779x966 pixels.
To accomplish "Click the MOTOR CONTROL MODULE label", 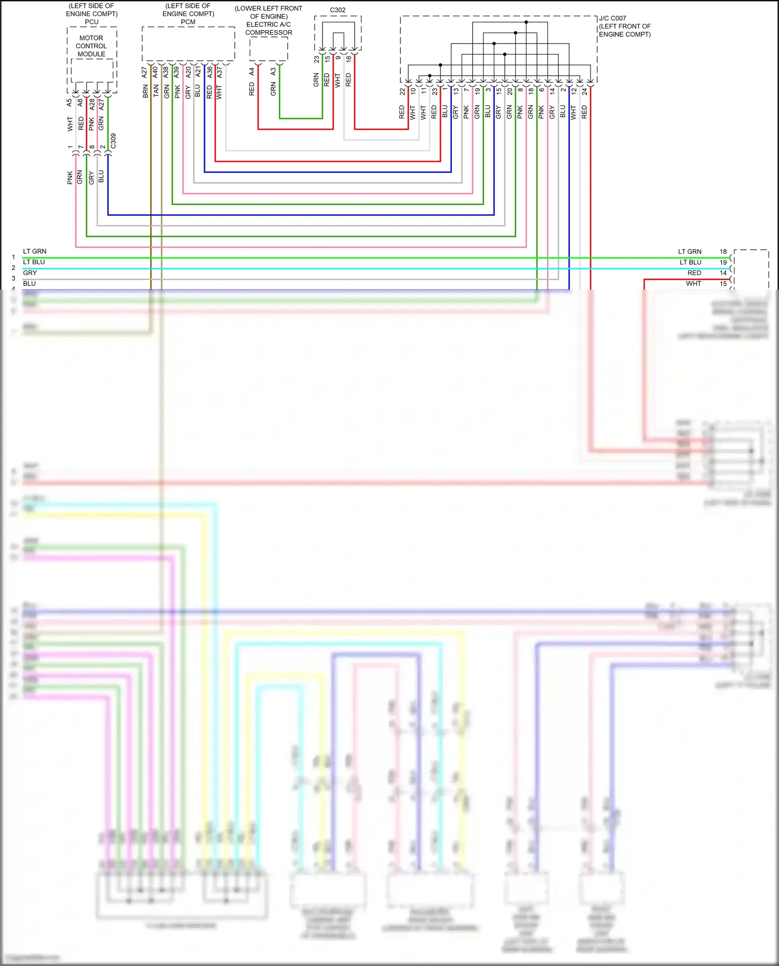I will [x=91, y=46].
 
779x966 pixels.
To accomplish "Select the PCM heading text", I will [x=188, y=22].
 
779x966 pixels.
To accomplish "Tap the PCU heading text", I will [x=91, y=22].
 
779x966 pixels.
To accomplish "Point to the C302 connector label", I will [x=338, y=10].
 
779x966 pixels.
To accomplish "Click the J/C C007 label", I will [x=613, y=18].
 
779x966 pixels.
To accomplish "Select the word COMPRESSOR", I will [x=268, y=32].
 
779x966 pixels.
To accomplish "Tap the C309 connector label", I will [x=113, y=141].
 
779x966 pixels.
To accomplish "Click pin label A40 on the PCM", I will [x=155, y=72].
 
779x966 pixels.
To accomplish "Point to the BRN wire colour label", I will [x=145, y=92].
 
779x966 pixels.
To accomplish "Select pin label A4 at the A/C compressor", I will [x=252, y=72].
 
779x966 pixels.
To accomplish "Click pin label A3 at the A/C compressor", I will [x=273, y=72].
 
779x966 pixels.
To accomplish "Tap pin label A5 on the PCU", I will [x=70, y=103].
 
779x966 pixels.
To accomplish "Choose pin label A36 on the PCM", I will [x=210, y=72].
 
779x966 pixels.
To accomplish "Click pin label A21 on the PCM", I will [x=198, y=72].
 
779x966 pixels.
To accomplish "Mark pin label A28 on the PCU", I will [x=92, y=104].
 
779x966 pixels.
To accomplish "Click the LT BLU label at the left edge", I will [x=34, y=262].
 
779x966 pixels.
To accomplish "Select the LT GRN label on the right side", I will [x=689, y=251].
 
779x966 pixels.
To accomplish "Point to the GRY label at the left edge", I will [x=30, y=273].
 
